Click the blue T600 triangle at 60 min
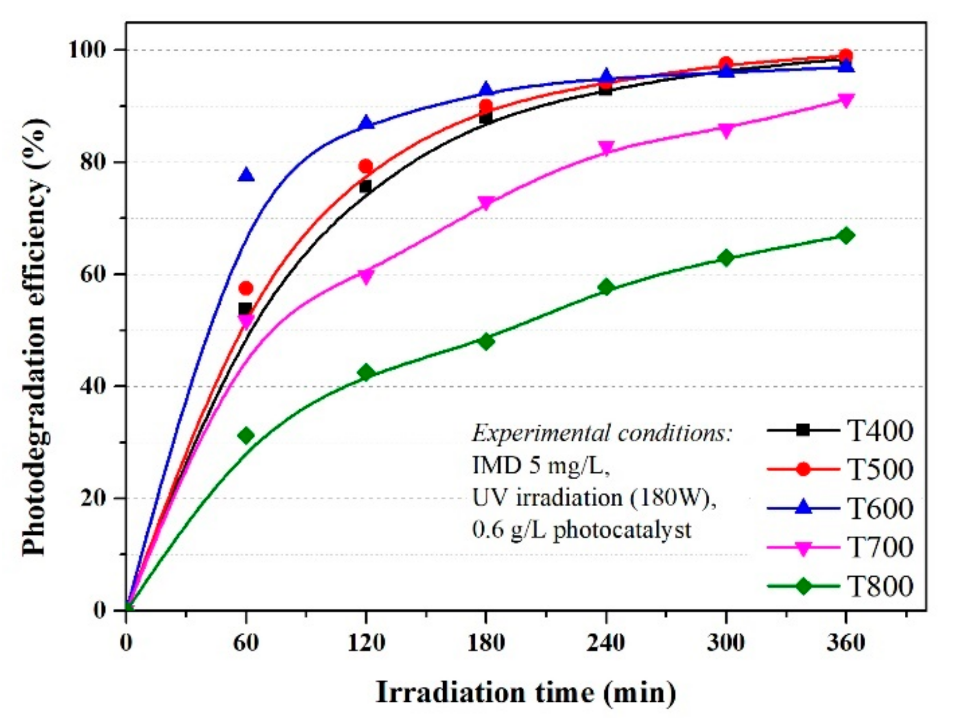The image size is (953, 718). tap(246, 175)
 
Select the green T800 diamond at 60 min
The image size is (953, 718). tap(246, 435)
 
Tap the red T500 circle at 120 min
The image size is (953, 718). tap(365, 166)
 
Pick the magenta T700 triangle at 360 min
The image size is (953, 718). tap(846, 100)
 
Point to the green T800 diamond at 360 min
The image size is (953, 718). tap(846, 236)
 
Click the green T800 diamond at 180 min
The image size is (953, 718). tap(486, 341)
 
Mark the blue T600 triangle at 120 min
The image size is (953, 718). tap(366, 123)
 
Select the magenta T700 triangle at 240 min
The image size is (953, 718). tap(606, 148)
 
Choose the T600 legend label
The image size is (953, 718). tap(879, 509)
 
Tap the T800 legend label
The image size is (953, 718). tap(879, 586)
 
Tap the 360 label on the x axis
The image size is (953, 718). tap(846, 643)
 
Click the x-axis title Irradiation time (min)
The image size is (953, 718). tap(526, 692)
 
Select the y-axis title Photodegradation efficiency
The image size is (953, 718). tap(35, 337)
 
